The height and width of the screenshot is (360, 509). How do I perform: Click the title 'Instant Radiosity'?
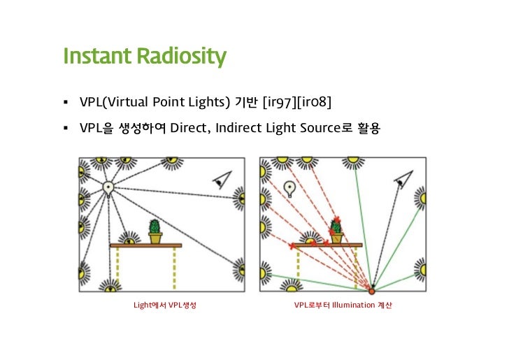tap(145, 56)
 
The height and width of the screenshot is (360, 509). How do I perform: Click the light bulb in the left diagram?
tap(108, 187)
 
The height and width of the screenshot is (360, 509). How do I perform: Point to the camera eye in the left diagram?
tap(222, 180)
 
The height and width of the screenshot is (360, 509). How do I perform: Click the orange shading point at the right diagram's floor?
tap(371, 290)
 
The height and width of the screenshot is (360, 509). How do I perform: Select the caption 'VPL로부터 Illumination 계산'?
tap(343, 306)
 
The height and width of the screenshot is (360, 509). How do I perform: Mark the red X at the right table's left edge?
tap(292, 246)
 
